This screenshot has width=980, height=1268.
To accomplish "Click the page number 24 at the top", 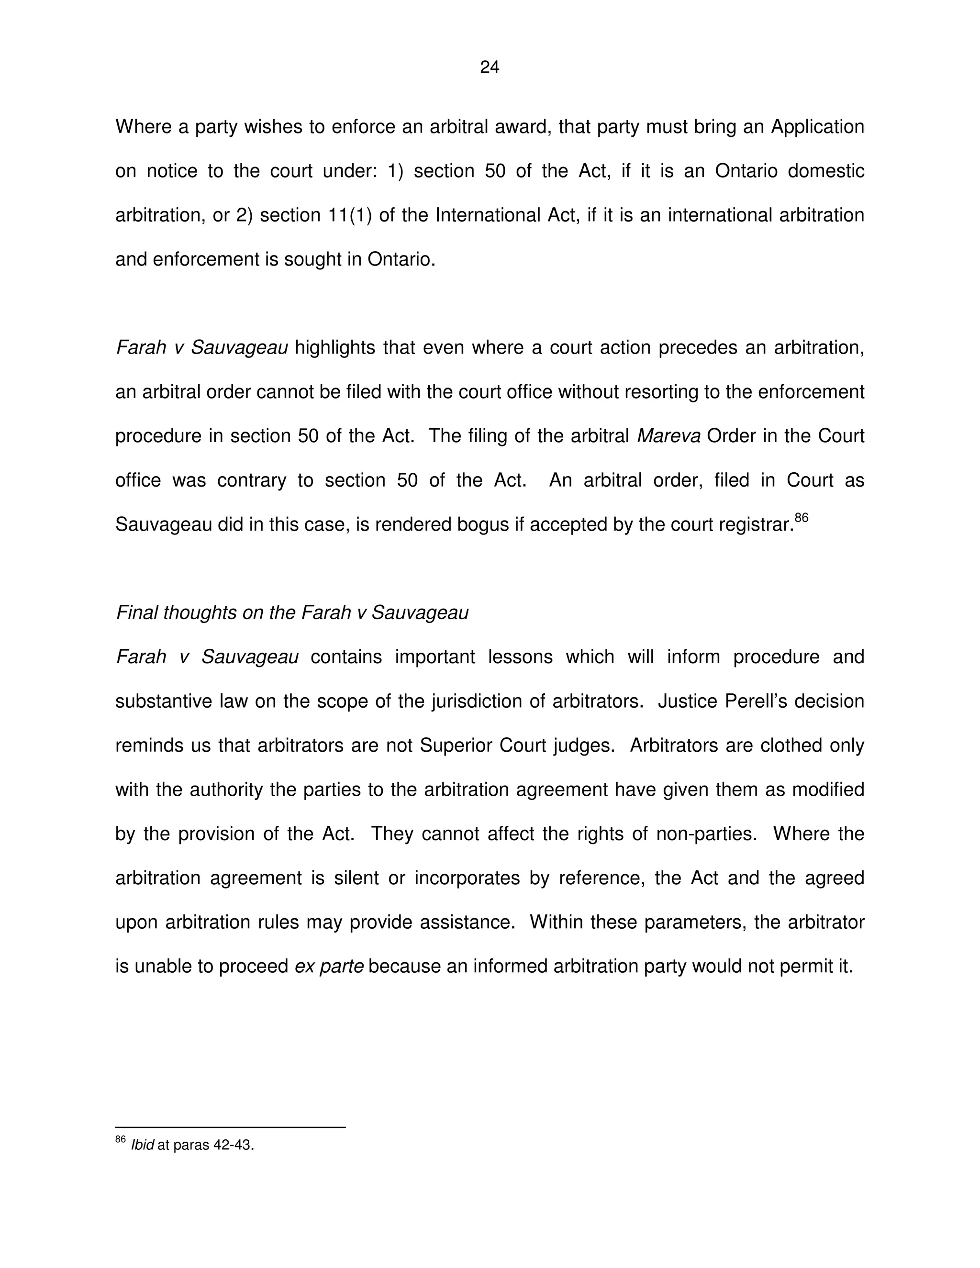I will point(490,68).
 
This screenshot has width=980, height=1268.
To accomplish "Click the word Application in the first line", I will point(817,127).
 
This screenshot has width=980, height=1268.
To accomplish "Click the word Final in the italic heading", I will point(137,612).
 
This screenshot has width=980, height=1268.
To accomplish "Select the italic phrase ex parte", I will point(329,967).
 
